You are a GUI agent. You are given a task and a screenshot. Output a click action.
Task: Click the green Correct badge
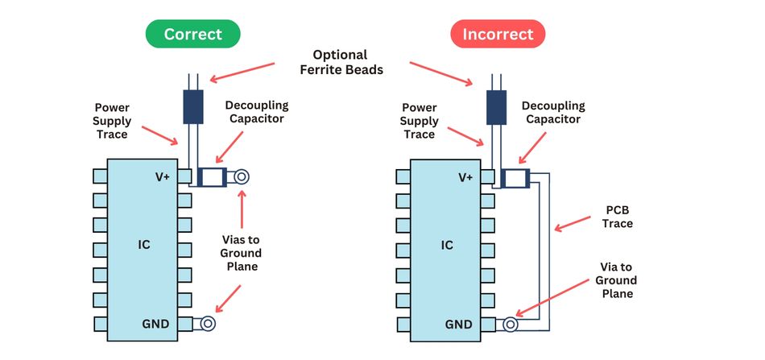pos(192,34)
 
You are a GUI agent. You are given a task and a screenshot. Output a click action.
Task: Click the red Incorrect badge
pos(497,34)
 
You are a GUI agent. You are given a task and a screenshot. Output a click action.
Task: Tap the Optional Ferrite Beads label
pos(341,62)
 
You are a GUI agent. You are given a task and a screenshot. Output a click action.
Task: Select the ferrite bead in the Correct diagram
pos(193,106)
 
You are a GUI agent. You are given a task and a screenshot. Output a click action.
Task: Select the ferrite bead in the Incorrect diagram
pos(496,106)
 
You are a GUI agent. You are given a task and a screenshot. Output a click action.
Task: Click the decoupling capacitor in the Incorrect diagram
pos(515,177)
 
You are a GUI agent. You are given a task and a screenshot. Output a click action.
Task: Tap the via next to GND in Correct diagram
pos(208,324)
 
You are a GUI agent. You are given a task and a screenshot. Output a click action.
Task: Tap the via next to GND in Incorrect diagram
pos(511,325)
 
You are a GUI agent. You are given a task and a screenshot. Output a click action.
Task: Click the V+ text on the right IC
pos(465,177)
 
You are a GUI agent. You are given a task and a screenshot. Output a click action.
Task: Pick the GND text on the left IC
pos(155,325)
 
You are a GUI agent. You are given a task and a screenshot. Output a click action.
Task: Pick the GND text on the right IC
pos(459,325)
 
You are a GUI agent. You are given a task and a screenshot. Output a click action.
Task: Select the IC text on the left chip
pos(144,244)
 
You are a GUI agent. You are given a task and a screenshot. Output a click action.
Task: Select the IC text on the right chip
pos(447,244)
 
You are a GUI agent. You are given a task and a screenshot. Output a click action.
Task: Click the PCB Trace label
pos(618,217)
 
